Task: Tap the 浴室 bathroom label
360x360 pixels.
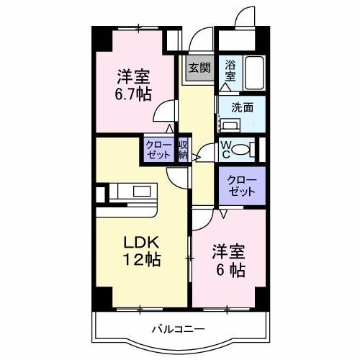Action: [x=230, y=70]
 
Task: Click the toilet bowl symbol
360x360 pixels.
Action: [x=244, y=150]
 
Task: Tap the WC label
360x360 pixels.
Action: [x=225, y=150]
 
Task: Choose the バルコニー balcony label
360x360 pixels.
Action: [x=178, y=330]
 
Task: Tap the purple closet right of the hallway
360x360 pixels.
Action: [x=241, y=185]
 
